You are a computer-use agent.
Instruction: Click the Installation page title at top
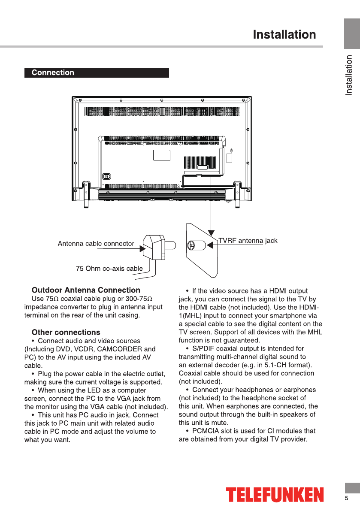pyautogui.click(x=284, y=35)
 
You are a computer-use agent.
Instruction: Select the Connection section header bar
pyautogui.click(x=97, y=73)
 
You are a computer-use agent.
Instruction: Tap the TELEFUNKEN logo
pyautogui.click(x=275, y=495)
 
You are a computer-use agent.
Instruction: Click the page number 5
pyautogui.click(x=347, y=498)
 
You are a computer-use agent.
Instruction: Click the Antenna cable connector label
pyautogui.click(x=96, y=244)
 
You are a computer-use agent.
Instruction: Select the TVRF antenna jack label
pyautogui.click(x=248, y=241)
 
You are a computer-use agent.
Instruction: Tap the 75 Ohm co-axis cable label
pyautogui.click(x=109, y=269)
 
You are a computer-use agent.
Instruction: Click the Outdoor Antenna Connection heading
pyautogui.click(x=86, y=290)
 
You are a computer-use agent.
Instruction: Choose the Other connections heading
pyautogui.click(x=66, y=332)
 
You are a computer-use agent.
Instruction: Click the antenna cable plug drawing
pyautogui.click(x=154, y=246)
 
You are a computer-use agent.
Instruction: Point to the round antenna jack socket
pyautogui.click(x=191, y=246)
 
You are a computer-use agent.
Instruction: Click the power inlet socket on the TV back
pyautogui.click(x=106, y=176)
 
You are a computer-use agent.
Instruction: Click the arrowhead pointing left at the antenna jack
pyautogui.click(x=210, y=246)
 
